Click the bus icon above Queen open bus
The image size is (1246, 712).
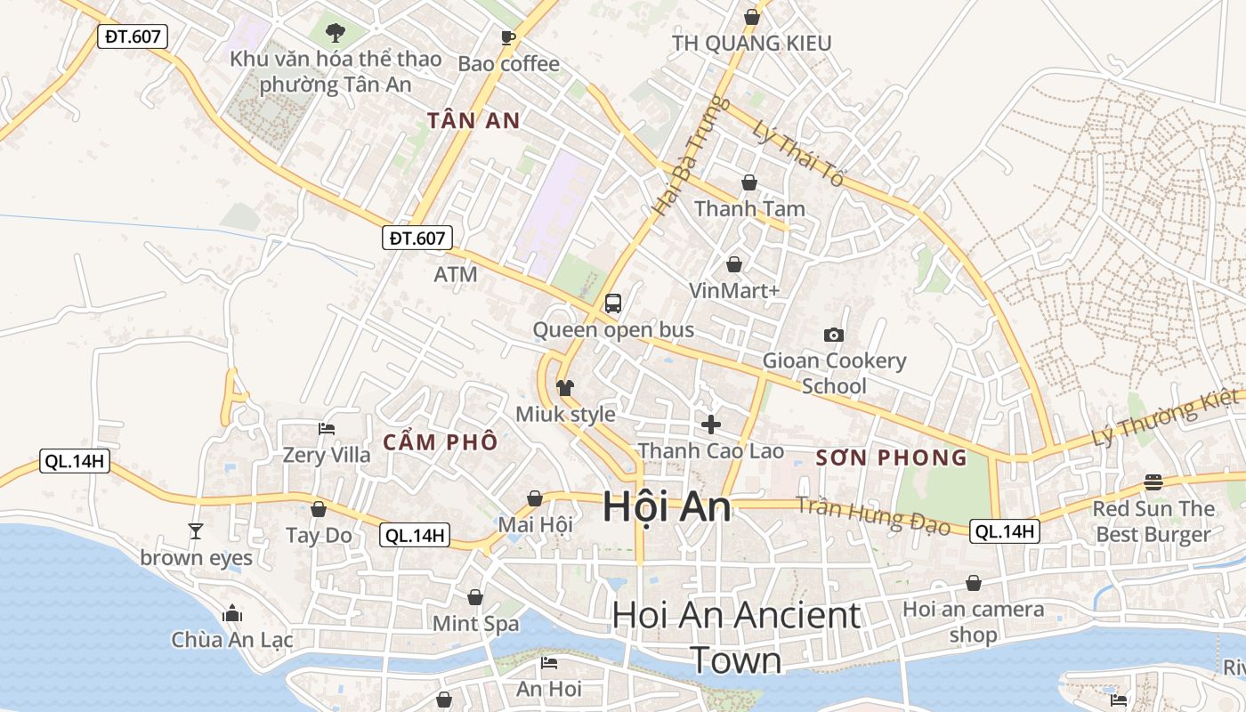pos(613,303)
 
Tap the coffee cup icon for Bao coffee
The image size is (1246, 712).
pos(508,37)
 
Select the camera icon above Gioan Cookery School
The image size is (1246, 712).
pos(834,335)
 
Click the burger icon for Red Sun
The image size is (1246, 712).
pos(1153,482)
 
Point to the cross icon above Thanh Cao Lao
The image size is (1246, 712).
pos(711,424)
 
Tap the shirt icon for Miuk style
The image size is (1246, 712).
pos(565,388)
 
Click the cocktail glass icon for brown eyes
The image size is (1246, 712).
pos(196,531)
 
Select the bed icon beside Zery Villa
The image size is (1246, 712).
pos(327,428)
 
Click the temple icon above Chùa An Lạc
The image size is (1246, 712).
pos(232,613)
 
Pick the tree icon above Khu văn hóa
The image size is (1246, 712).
pos(336,34)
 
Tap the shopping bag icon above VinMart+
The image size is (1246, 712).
pos(734,264)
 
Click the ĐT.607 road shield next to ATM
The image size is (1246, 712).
pos(418,238)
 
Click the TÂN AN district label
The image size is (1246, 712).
pos(473,121)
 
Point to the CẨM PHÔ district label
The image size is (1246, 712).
pos(440,442)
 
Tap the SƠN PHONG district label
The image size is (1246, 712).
pos(891,458)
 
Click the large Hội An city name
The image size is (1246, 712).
pos(667,506)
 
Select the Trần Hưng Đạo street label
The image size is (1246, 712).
pos(873,515)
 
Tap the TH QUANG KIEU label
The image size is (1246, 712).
pos(751,43)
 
